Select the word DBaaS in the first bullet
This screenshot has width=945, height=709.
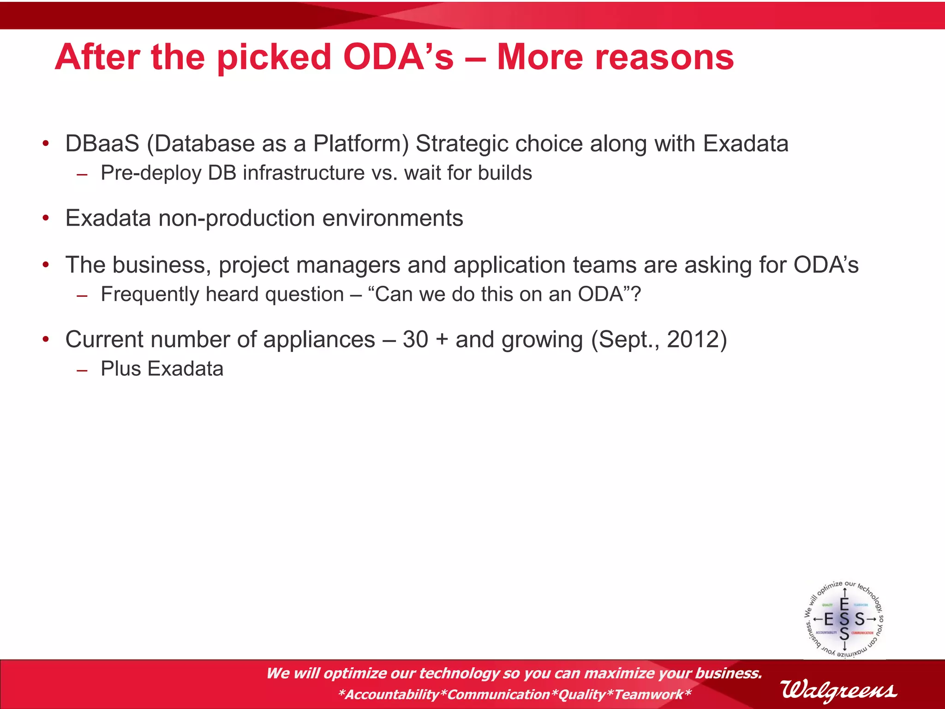pyautogui.click(x=102, y=144)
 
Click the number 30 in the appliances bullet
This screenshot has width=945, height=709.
pyautogui.click(x=415, y=340)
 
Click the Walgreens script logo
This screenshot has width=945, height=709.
pyautogui.click(x=839, y=691)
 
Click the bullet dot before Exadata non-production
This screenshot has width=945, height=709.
pyautogui.click(x=46, y=218)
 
